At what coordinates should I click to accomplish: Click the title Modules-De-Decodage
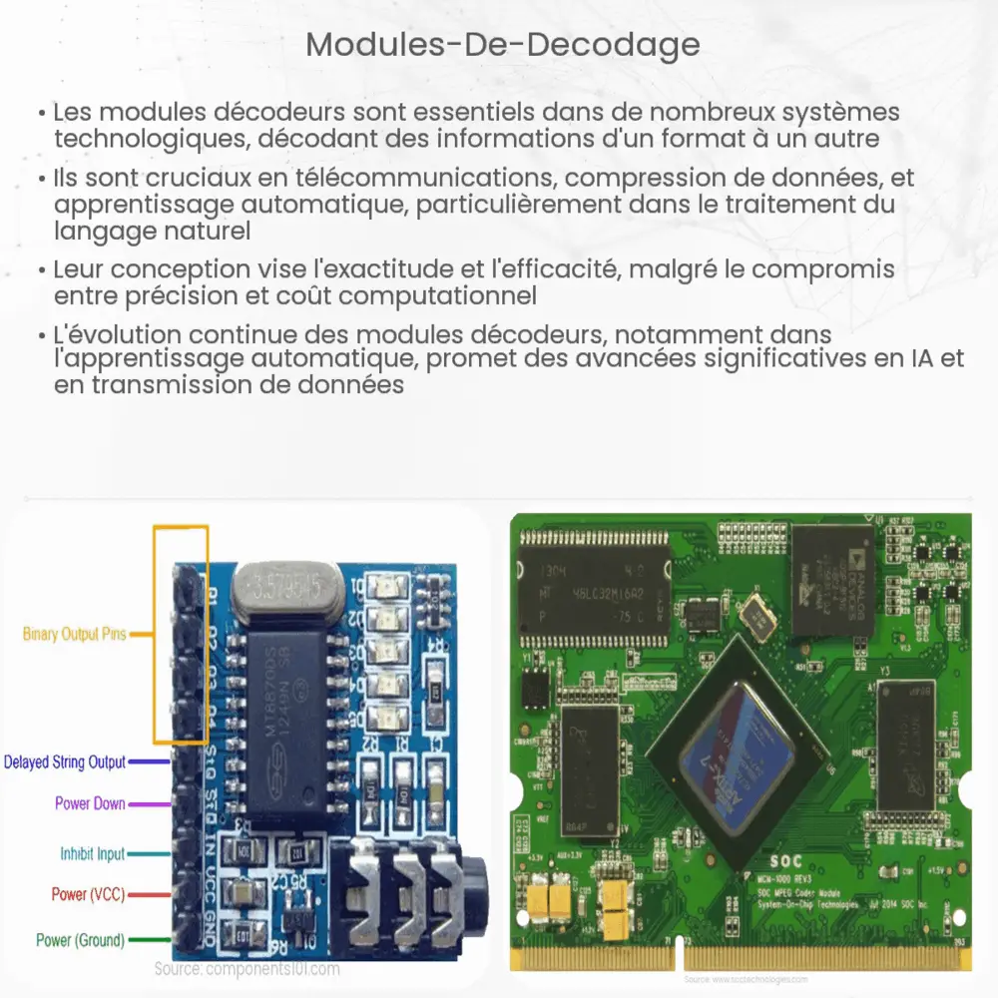point(502,45)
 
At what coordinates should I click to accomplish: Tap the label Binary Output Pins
point(74,634)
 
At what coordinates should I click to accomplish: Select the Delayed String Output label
point(65,762)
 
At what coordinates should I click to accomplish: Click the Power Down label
point(89,803)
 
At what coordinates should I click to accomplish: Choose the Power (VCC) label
point(88,894)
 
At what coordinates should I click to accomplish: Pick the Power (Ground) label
point(80,939)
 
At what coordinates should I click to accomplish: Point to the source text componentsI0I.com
point(247,968)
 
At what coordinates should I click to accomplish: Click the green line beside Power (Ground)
point(148,939)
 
